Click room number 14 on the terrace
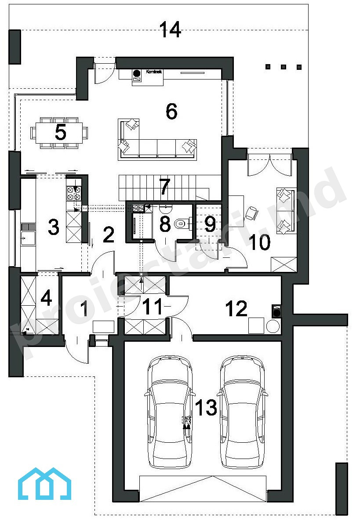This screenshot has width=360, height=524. (171, 29)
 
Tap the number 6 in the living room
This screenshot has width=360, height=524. (171, 111)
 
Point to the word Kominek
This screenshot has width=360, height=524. (154, 72)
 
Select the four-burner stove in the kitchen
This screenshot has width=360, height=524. (74, 193)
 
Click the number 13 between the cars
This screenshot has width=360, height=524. (206, 407)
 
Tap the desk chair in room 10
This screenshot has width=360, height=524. (251, 213)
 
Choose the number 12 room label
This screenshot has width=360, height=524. (236, 308)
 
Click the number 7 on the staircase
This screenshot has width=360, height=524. (164, 187)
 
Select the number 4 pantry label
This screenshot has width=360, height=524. (47, 297)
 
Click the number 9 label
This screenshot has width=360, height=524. (210, 224)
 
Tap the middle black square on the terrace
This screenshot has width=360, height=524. (284, 67)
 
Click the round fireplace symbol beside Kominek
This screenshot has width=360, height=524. (137, 73)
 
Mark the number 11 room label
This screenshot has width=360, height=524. (153, 307)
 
